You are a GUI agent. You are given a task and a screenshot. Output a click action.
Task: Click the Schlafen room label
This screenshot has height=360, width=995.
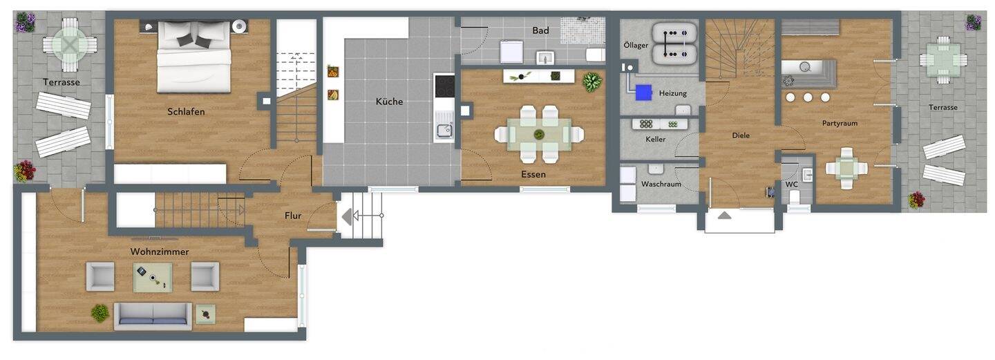point(186,111)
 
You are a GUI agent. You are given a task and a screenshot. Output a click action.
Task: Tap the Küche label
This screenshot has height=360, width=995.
point(389,102)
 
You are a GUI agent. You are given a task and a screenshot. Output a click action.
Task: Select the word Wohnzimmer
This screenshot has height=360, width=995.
point(160,252)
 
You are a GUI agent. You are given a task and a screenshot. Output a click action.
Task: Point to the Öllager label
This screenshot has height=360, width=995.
point(635,45)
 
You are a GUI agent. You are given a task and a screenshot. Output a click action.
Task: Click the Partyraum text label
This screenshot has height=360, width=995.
point(840,123)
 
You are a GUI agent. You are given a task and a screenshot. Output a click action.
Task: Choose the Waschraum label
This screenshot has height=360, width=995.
point(661,184)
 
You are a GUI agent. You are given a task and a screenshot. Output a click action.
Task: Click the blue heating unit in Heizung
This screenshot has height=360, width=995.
point(644,91)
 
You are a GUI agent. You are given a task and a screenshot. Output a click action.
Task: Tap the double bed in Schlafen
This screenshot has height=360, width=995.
point(194,56)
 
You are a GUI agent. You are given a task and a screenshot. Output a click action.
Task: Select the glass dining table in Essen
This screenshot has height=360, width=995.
point(539,134)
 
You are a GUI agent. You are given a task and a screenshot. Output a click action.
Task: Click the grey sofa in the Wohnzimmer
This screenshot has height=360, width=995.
point(153,314)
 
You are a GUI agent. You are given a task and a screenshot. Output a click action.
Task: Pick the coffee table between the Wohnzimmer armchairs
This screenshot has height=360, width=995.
point(153,277)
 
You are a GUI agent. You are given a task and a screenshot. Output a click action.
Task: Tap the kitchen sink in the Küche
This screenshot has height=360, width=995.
point(443,130)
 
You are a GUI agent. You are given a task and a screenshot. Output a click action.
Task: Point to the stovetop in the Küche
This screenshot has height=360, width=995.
point(444,86)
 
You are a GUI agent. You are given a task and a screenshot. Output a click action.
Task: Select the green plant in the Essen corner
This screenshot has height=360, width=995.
point(592,82)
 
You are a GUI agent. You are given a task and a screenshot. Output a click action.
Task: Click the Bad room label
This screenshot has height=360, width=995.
point(540,30)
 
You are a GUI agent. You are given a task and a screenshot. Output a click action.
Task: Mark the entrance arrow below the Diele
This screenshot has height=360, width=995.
point(724,216)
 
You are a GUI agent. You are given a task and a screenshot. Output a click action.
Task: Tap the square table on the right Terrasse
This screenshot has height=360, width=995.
point(943,59)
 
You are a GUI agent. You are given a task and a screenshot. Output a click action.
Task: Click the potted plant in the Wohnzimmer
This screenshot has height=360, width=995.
point(100,313)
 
